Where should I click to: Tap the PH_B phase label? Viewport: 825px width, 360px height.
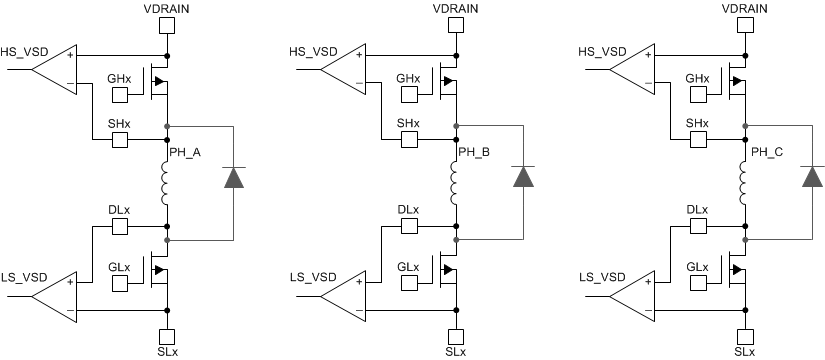tap(475, 152)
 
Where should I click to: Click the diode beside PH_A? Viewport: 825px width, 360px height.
tap(233, 177)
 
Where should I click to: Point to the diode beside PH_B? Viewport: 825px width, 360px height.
tap(523, 177)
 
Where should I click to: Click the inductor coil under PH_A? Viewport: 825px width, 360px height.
tap(167, 183)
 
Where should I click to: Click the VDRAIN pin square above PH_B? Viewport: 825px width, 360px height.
tap(457, 29)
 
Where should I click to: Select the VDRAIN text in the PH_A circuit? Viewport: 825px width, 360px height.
tap(167, 9)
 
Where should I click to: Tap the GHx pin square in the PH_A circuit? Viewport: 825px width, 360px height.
tap(119, 95)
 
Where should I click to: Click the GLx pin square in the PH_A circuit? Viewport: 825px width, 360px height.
tap(119, 284)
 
